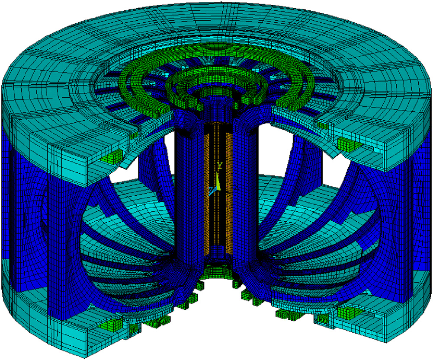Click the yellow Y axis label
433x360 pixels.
pos(220,166)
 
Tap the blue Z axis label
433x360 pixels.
pos(211,190)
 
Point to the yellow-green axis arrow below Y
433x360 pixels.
pos(219,181)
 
